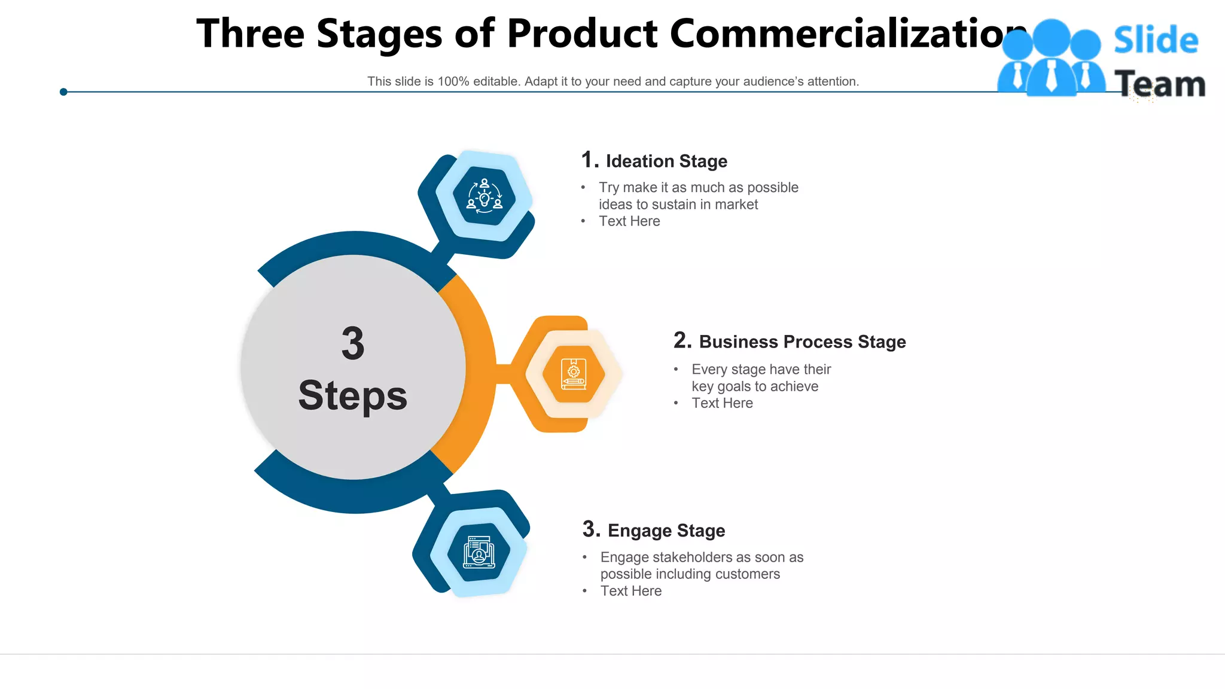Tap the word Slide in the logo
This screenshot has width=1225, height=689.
[1156, 41]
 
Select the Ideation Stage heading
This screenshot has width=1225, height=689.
[666, 161]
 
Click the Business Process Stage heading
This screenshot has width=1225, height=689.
[802, 342]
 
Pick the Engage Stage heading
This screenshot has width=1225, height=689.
[666, 531]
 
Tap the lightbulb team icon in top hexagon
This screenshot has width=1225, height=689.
[484, 196]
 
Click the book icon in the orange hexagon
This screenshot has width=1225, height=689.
[573, 374]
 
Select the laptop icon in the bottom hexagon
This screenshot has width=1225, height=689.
[479, 551]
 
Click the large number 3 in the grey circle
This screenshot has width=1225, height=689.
[353, 344]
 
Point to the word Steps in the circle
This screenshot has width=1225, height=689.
[353, 396]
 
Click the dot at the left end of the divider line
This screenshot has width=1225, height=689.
[63, 92]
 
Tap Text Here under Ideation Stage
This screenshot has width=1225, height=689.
[629, 221]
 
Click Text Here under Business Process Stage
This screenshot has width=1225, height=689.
[722, 403]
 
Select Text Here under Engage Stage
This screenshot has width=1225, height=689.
[631, 591]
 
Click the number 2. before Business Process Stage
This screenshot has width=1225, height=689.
[682, 341]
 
